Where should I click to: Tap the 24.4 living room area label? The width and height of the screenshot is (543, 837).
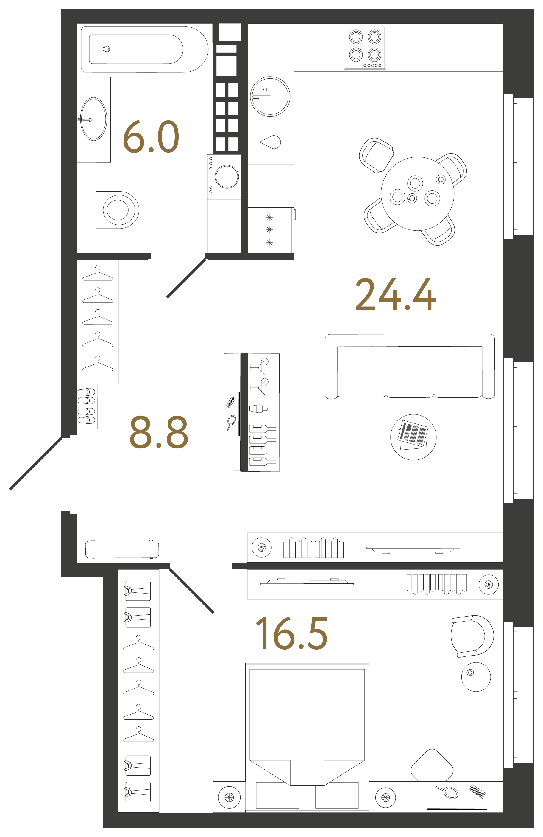[395, 294]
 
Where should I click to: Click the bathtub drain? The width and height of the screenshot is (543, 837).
[106, 49]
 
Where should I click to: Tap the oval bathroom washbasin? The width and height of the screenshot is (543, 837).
[93, 119]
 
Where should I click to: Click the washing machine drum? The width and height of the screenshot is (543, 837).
[227, 176]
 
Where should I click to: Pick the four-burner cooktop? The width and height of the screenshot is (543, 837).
[365, 47]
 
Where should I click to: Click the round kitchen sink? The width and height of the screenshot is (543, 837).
[270, 96]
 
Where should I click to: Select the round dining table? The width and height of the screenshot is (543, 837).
[417, 193]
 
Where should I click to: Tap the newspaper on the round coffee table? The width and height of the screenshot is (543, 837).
[413, 435]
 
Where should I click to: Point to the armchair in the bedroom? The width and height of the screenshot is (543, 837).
[472, 636]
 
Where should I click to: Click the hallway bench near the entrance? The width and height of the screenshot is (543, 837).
[122, 549]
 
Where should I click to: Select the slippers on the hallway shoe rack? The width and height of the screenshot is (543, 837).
[86, 406]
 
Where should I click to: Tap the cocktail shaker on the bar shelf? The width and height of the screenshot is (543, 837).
[258, 408]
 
